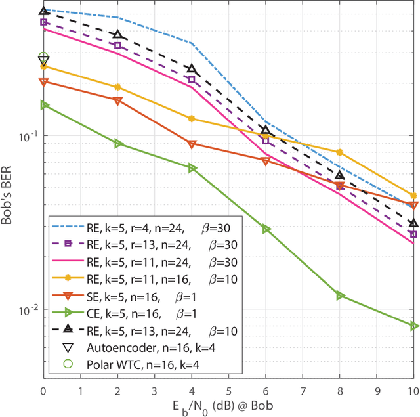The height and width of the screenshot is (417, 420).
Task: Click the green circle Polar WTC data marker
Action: (x=43, y=58)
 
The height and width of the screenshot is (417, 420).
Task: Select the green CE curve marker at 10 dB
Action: (x=414, y=326)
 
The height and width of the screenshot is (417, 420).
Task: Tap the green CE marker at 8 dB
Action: (x=340, y=296)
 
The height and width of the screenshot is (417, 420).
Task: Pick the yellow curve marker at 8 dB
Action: (x=340, y=152)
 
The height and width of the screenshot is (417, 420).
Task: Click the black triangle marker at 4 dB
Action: (x=192, y=69)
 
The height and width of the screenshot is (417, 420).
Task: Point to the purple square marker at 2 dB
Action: (x=117, y=45)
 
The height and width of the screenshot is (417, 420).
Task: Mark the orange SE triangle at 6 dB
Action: (x=266, y=161)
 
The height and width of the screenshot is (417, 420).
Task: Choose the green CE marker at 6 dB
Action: (x=266, y=229)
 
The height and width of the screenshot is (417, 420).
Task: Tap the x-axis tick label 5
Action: (x=229, y=390)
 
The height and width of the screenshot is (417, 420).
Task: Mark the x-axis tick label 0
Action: (x=43, y=390)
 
